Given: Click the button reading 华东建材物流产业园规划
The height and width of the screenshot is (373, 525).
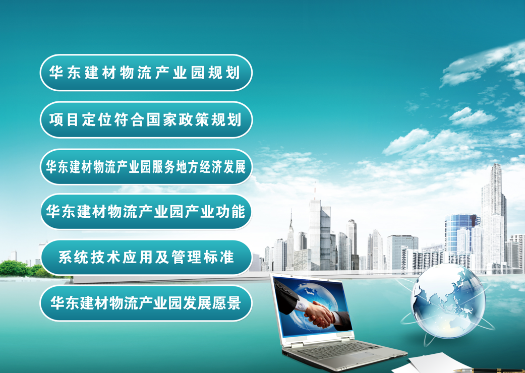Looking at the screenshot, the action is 146,73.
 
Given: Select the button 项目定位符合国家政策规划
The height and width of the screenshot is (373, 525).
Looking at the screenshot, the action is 146,120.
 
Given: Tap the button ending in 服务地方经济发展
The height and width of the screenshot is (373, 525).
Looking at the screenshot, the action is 146,167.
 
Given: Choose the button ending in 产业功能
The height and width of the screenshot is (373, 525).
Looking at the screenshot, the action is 146,212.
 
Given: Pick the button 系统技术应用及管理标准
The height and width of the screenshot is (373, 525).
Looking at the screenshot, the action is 146,257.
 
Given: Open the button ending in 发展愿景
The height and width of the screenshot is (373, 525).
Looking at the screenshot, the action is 146,303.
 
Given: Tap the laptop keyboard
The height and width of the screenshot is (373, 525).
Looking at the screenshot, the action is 338,351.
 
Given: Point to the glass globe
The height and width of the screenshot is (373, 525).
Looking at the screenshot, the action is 449,301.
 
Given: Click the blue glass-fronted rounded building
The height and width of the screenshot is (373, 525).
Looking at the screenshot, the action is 461,234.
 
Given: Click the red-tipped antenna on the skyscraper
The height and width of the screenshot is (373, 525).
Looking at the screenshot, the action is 315,191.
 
